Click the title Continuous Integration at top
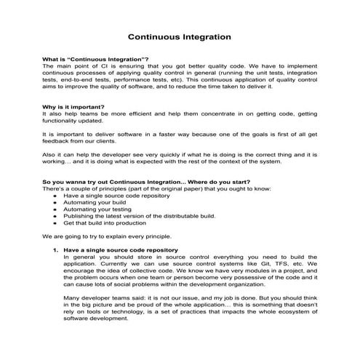click(x=180, y=35)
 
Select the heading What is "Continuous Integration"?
click(x=96, y=58)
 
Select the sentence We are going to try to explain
click(x=107, y=236)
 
